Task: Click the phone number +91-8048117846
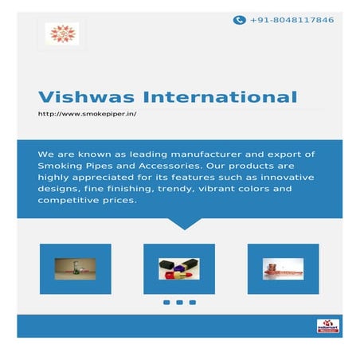[292, 20]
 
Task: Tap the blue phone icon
[239, 20]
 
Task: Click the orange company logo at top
[61, 34]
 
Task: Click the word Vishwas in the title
[76, 98]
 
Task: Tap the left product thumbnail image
[75, 268]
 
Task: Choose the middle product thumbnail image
[179, 268]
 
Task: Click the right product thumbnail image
[283, 268]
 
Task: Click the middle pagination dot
[179, 303]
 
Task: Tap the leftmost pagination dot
[166, 303]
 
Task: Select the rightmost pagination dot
[193, 303]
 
